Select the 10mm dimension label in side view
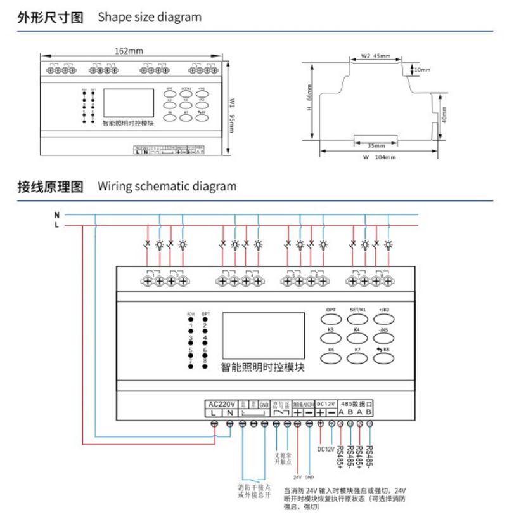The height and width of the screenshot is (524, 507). [x=421, y=69]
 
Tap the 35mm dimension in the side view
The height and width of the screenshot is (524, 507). [x=376, y=145]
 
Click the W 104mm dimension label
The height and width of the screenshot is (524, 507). [x=379, y=157]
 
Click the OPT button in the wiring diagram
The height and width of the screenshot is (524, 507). [x=331, y=315]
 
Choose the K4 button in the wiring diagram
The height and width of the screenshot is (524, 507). [x=357, y=336]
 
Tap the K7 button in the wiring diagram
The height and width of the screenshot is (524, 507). [x=357, y=357]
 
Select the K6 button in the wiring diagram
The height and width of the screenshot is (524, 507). [x=331, y=357]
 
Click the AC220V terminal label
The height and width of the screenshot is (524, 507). [x=222, y=403]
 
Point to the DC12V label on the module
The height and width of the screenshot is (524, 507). [x=330, y=403]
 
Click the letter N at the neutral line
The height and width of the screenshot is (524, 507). [x=56, y=214]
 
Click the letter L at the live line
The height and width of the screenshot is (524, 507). [x=56, y=225]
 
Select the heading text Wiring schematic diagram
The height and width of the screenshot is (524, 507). [x=167, y=187]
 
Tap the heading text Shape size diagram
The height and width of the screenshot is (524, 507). [x=150, y=17]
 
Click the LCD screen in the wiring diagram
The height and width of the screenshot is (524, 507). [x=253, y=334]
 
